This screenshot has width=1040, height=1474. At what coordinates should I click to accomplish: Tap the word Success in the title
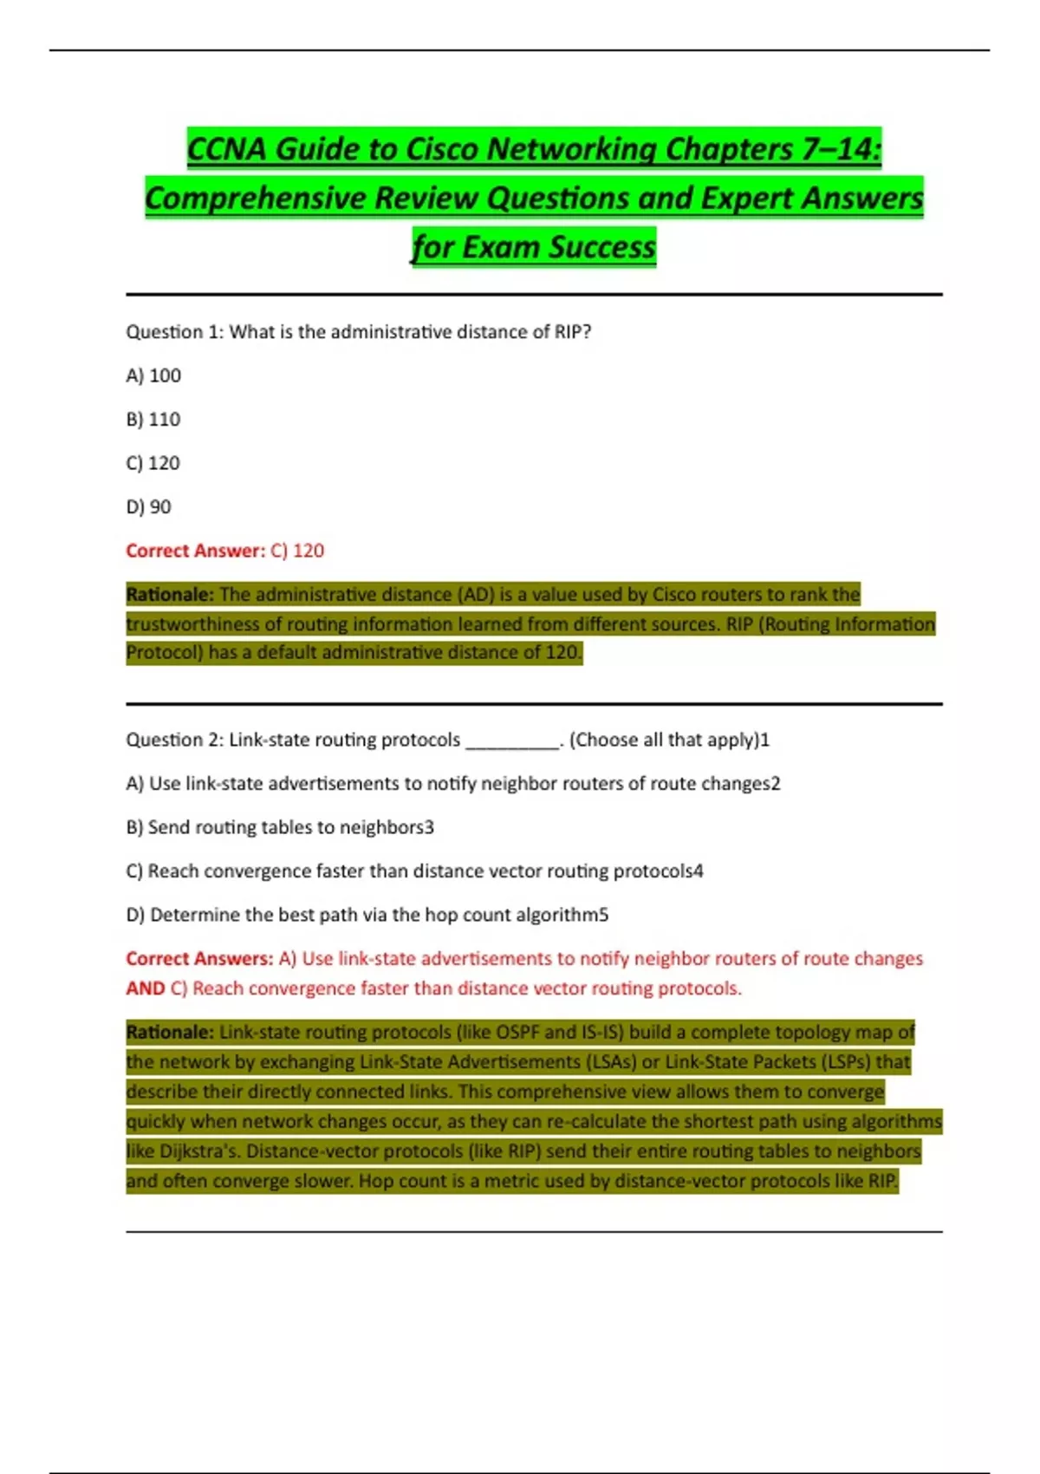(x=602, y=247)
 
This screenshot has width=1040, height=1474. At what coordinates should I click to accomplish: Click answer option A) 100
(x=153, y=375)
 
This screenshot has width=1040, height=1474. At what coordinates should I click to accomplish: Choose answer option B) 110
(x=153, y=420)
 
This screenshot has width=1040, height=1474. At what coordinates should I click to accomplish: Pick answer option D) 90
(x=149, y=507)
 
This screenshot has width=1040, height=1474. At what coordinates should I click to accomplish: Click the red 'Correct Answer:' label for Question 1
(x=195, y=551)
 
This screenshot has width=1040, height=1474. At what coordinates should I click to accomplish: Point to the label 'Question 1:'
(x=175, y=332)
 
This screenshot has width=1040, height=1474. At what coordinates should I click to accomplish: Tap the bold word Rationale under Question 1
(x=169, y=595)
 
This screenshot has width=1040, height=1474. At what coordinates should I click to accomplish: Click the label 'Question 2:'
(x=175, y=740)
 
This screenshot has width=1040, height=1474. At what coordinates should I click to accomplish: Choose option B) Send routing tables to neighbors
(x=280, y=827)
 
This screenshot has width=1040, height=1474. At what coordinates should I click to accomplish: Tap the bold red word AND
(x=145, y=988)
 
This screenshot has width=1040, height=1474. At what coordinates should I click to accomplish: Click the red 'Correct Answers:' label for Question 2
(x=199, y=959)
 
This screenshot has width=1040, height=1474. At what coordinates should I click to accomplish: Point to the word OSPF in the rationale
(x=517, y=1033)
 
